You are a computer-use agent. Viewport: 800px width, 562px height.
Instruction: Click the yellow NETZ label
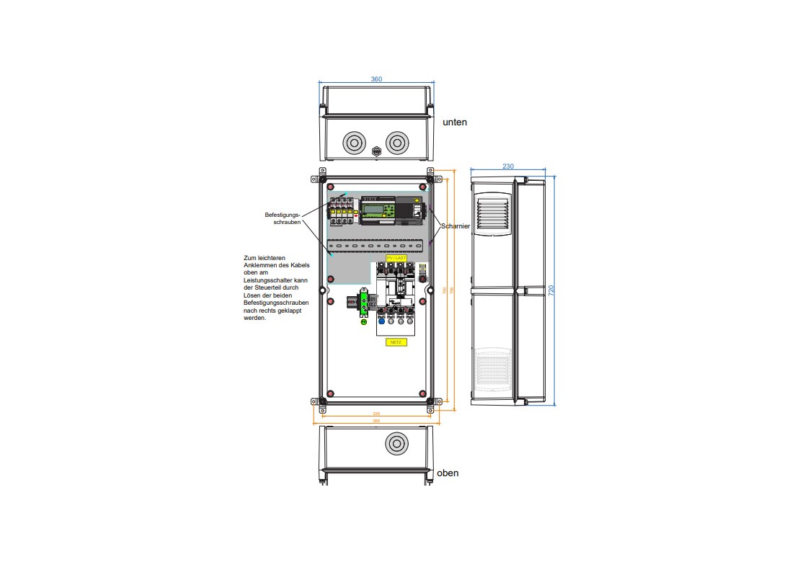click(x=395, y=342)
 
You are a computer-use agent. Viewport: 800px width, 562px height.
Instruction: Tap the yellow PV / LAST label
click(x=396, y=257)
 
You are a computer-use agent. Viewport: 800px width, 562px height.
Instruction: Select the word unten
click(x=454, y=122)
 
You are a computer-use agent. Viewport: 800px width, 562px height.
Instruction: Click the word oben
click(x=448, y=473)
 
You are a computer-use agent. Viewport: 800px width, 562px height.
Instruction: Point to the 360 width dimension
click(x=376, y=79)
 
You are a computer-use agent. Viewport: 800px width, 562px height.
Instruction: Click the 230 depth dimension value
click(x=508, y=166)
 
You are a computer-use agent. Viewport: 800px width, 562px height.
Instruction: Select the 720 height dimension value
click(x=551, y=290)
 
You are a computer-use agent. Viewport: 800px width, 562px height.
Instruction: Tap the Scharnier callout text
click(x=455, y=226)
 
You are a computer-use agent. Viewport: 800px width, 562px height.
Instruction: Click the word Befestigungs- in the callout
click(x=282, y=215)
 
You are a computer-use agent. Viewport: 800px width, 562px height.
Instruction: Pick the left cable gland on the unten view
click(x=354, y=143)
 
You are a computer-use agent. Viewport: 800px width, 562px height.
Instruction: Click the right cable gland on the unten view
click(x=396, y=143)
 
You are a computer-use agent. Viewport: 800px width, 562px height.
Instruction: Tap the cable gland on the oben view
click(x=396, y=444)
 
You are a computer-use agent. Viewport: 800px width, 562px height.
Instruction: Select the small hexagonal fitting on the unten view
click(x=375, y=152)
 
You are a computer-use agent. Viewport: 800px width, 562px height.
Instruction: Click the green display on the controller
click(x=373, y=210)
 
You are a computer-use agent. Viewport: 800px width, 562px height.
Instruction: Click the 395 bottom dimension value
click(x=376, y=421)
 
